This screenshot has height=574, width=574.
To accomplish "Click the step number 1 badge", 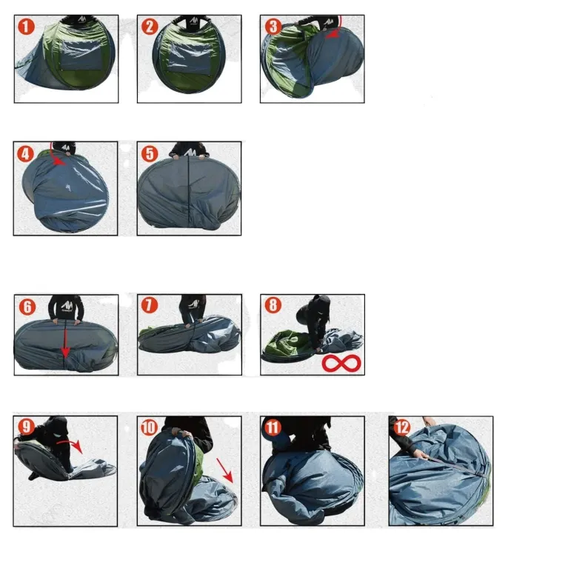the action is click(x=26, y=27).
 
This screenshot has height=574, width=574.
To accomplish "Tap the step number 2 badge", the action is click(x=150, y=27).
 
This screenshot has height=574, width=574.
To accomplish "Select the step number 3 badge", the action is click(x=273, y=27).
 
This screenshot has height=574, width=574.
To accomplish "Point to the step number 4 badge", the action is click(x=25, y=154).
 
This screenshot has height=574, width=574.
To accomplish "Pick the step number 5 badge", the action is click(x=150, y=154).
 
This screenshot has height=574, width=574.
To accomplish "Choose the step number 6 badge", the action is click(x=27, y=307).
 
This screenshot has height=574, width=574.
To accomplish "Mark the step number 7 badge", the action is click(x=150, y=305).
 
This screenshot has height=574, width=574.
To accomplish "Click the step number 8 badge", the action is click(x=273, y=305).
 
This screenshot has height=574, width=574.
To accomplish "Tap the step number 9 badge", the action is click(x=27, y=427).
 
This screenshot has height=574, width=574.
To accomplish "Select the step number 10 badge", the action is click(x=150, y=427).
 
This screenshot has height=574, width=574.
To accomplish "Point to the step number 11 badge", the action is click(x=273, y=427).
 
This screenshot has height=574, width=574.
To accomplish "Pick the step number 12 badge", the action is click(x=401, y=427).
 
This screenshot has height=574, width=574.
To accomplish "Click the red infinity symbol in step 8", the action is click(x=341, y=363).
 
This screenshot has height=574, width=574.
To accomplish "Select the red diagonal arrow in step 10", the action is click(x=224, y=470).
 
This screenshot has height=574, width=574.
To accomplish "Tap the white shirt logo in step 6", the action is click(x=67, y=305).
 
